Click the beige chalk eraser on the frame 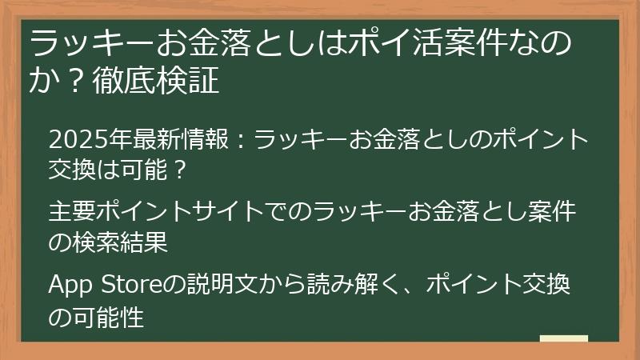[x=563, y=339]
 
